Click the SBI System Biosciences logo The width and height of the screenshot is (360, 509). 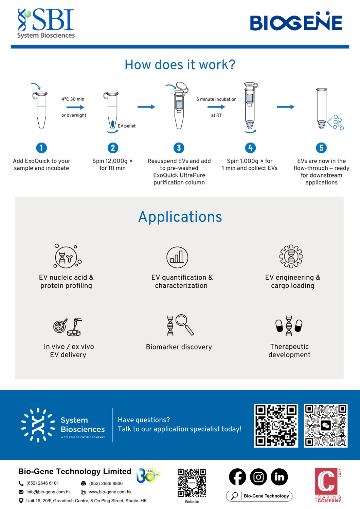click(x=46, y=23)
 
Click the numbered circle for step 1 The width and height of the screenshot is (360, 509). click(x=41, y=148)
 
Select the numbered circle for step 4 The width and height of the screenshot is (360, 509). click(x=250, y=148)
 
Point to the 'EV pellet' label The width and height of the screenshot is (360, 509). click(x=127, y=126)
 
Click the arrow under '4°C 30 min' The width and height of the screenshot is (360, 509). click(x=75, y=107)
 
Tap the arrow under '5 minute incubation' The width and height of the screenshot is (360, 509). click(x=216, y=107)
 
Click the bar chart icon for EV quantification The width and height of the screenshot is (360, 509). click(x=177, y=257)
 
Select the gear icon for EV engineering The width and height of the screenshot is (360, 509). click(x=291, y=256)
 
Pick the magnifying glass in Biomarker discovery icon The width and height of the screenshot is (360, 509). click(x=184, y=323)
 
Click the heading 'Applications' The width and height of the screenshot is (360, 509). click(x=180, y=217)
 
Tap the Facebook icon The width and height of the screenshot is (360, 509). click(x=237, y=477)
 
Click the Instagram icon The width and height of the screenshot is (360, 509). click(x=258, y=477)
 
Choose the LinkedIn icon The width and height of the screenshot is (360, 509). click(x=279, y=477)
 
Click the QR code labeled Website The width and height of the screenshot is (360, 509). click(x=192, y=483)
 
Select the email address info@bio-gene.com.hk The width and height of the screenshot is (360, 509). click(x=49, y=492)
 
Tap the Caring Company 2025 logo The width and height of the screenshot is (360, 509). click(x=328, y=485)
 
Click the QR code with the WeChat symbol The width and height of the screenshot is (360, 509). click(x=326, y=426)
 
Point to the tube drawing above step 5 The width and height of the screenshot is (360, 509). click(x=321, y=109)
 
